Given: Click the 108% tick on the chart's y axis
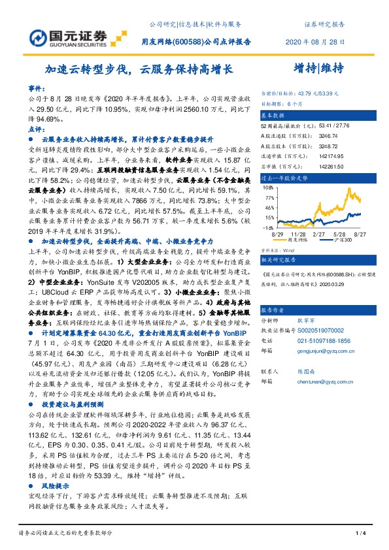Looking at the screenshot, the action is pos(267,187).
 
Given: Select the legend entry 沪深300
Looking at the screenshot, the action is pos(341,240).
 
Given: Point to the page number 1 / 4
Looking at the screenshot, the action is pos(359,535).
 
